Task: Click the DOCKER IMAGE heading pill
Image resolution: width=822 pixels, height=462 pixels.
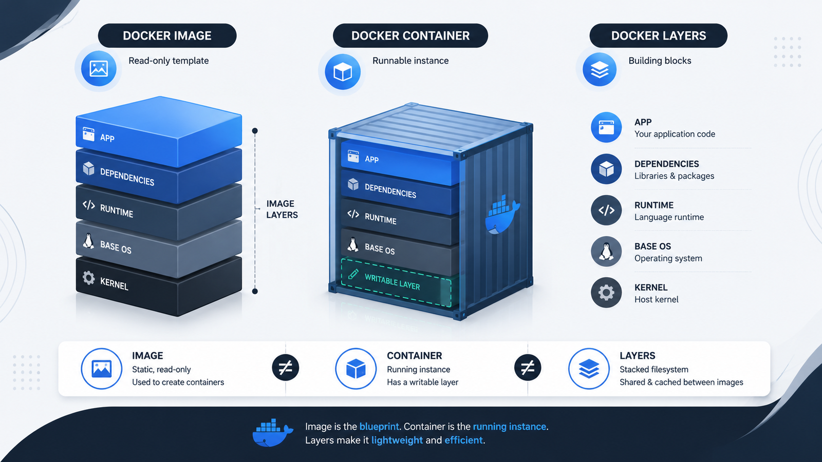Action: tap(167, 35)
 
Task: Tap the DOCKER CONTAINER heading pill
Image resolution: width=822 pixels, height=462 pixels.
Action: tap(410, 35)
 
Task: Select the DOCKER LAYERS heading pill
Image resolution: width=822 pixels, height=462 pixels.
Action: tap(658, 35)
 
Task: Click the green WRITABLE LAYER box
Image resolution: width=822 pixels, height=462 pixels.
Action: tap(396, 282)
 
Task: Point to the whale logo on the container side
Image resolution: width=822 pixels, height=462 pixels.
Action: tap(502, 215)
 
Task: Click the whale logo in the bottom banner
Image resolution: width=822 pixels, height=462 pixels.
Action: tap(272, 433)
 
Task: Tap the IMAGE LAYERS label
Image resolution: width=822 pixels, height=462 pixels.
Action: tap(282, 209)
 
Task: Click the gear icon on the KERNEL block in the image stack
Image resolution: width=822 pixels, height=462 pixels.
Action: tap(88, 278)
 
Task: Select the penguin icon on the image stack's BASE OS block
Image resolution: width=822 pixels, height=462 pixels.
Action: tap(88, 241)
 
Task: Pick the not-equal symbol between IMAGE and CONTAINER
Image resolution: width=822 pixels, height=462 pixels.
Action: tap(286, 368)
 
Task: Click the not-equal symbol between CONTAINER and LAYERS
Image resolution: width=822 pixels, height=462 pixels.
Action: tap(528, 368)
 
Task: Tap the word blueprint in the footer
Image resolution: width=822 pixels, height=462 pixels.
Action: tap(379, 427)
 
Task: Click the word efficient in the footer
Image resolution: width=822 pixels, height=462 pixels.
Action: tap(463, 440)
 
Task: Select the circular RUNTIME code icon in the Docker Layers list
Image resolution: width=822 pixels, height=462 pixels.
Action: tap(606, 210)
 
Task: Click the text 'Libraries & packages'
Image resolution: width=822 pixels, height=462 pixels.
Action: tap(674, 176)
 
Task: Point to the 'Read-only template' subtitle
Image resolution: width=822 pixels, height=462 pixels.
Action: tap(169, 61)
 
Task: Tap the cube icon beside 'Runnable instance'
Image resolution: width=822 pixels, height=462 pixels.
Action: tap(342, 72)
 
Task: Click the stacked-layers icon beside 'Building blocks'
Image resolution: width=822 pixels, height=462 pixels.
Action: tap(599, 69)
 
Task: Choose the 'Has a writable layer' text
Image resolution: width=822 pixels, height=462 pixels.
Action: tap(422, 382)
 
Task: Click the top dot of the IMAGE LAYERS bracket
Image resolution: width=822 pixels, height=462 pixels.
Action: tap(255, 130)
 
